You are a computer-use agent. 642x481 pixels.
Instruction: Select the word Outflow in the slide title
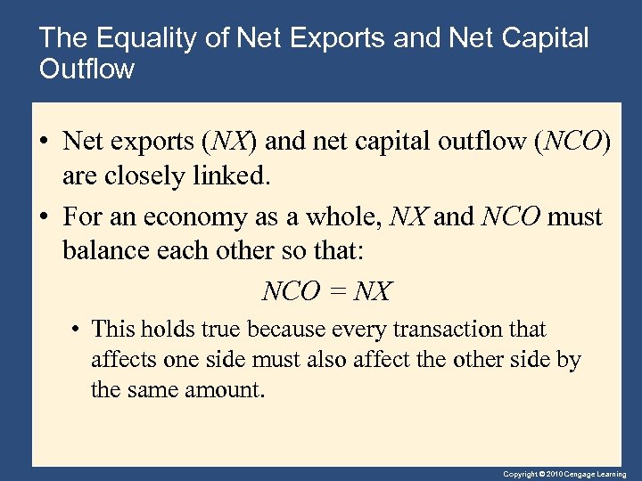[x=87, y=69]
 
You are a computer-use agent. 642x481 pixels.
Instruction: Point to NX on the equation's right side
[x=373, y=291]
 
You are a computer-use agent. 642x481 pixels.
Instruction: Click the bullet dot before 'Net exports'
[x=43, y=143]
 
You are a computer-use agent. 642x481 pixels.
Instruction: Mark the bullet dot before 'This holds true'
[x=78, y=330]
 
